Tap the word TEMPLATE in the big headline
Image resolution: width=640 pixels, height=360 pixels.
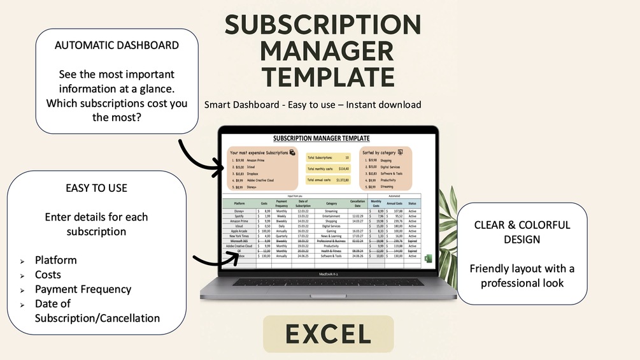[x=323, y=77]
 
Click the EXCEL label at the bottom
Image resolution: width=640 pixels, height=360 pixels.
[x=328, y=334]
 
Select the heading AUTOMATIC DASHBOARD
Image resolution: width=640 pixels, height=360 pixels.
[x=117, y=45]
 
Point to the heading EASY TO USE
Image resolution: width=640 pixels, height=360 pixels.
[x=97, y=188]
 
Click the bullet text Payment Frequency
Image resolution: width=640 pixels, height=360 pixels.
[x=83, y=289]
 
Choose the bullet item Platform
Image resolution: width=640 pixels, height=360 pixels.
[x=56, y=260]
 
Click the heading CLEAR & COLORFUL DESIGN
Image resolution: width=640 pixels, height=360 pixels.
[x=522, y=233]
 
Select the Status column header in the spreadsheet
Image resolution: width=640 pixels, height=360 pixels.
[x=412, y=203]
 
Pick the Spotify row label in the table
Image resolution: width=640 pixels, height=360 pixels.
[x=240, y=216]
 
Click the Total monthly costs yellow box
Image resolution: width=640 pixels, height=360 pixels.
[x=329, y=169]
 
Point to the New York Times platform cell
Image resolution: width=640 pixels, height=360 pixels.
[x=240, y=235]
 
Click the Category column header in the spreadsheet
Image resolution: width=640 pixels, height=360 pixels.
[x=331, y=203]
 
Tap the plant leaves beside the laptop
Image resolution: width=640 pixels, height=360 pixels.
[x=449, y=229]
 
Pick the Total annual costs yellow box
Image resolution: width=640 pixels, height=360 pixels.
[x=329, y=180]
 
